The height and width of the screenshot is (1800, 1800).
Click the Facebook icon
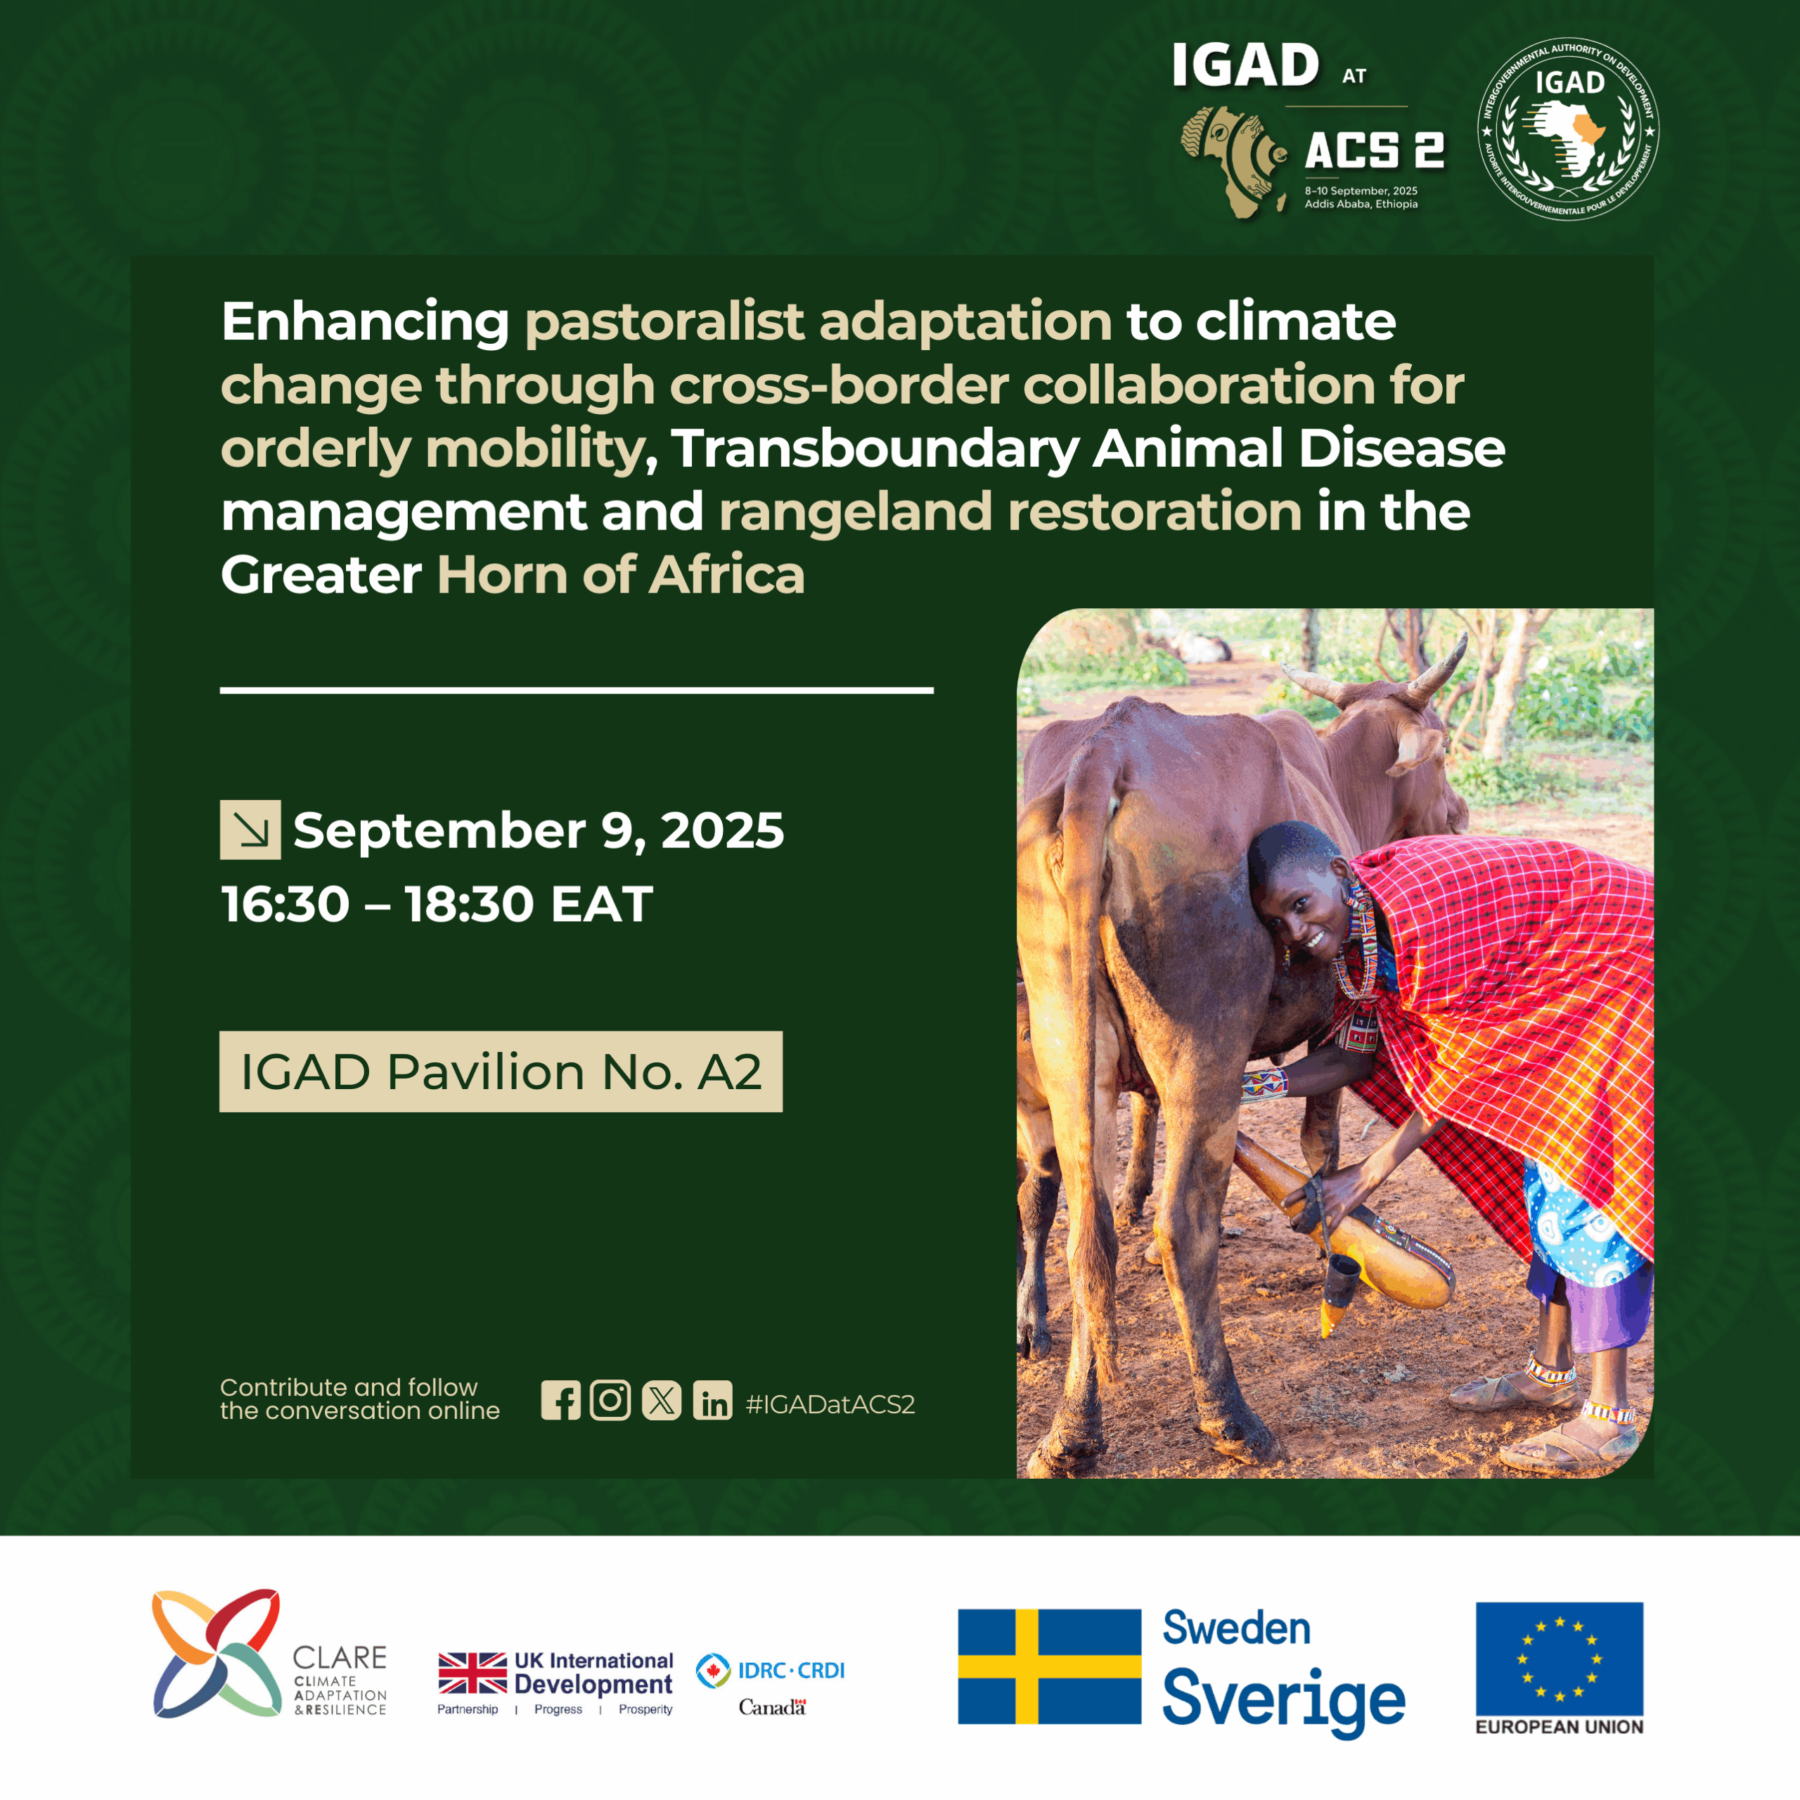561,1401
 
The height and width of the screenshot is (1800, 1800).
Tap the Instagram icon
610,1401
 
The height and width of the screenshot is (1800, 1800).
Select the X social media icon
662,1401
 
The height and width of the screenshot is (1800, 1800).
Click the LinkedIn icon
713,1401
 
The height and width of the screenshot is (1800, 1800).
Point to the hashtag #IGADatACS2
830,1404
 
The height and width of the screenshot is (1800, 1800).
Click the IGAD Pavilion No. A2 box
501,1072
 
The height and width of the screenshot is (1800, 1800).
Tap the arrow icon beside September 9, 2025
250,829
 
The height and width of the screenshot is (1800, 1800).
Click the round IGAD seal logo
1569,129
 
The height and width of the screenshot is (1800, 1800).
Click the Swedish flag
1050,1667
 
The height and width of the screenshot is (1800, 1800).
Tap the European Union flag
1560,1659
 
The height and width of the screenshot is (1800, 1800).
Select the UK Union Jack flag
472,1673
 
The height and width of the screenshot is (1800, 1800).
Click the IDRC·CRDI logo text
791,1671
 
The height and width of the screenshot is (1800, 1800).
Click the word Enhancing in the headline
365,322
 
